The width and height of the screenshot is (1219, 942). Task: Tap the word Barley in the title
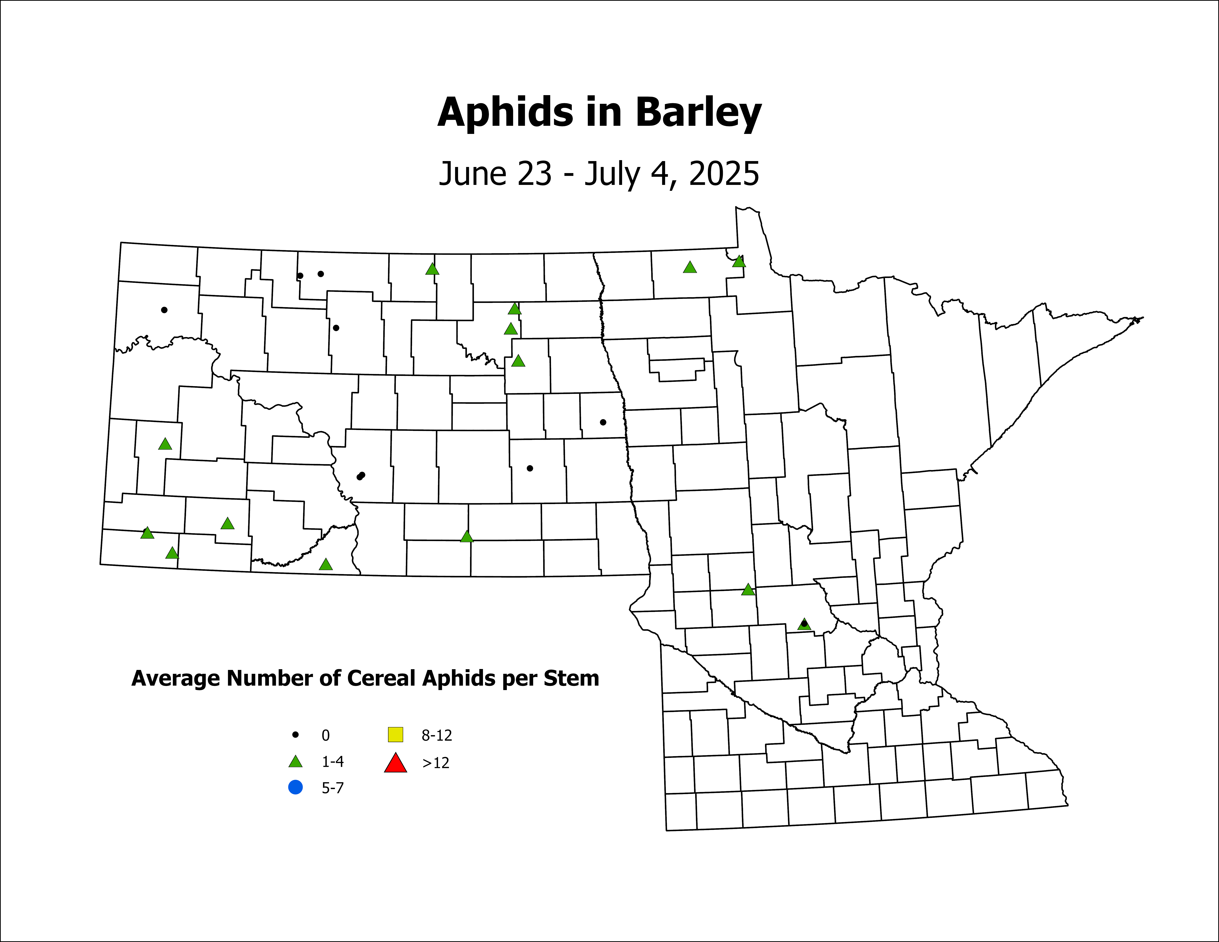click(698, 113)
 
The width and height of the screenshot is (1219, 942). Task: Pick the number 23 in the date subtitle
click(535, 174)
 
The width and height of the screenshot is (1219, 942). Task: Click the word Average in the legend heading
click(175, 679)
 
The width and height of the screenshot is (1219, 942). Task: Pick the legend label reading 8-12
click(436, 735)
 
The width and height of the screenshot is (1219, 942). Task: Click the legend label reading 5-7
click(333, 788)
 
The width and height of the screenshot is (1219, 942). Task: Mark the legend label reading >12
click(435, 763)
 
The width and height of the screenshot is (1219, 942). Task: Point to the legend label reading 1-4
click(333, 762)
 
